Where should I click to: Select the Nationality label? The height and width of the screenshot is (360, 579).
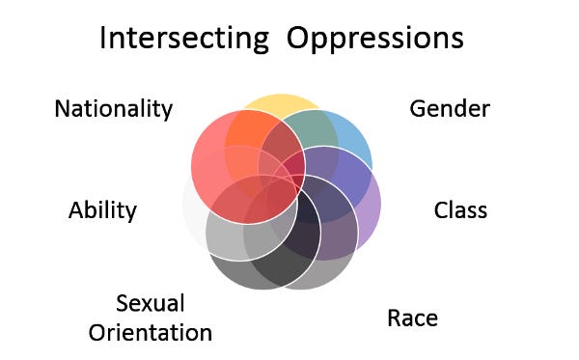pos(113,108)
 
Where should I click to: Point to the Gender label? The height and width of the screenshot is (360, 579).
pos(450,108)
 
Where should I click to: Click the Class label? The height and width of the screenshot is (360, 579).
pos(460,209)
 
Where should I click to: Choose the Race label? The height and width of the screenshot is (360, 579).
pos(412,318)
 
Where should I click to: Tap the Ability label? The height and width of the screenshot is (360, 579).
pos(102,209)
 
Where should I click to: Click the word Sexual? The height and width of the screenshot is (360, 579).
pos(150,304)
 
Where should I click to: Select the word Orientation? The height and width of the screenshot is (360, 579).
pos(150,333)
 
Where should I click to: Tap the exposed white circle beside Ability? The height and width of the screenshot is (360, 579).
pos(193,208)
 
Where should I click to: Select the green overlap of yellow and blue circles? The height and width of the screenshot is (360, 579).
pos(304,130)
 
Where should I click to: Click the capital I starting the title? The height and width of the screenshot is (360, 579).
pos(103,39)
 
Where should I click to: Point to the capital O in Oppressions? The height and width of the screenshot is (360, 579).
pos(295,39)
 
